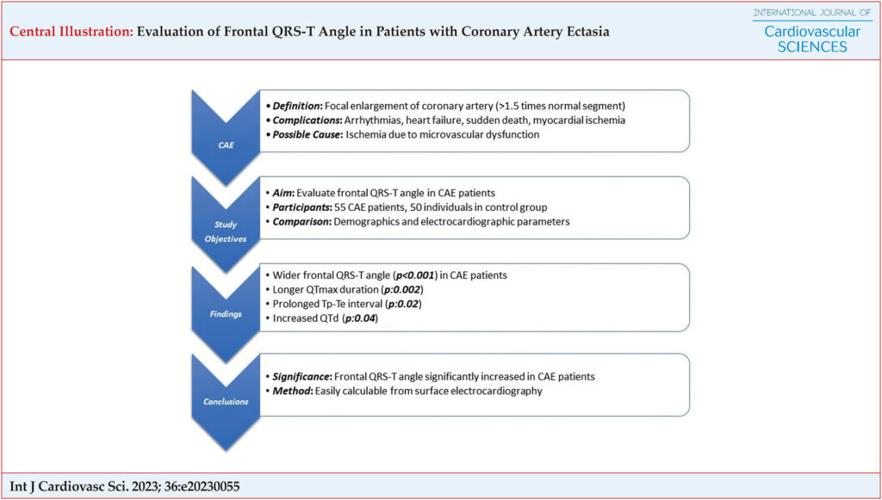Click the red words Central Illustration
point(71,32)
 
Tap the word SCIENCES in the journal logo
point(811,46)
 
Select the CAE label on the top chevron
point(226,145)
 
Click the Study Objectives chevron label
point(226,231)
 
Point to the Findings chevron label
point(226,314)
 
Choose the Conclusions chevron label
point(226,402)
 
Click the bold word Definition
point(296,106)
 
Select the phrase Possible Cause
point(306,135)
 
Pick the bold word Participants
point(301,207)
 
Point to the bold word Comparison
point(301,221)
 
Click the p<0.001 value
point(415,275)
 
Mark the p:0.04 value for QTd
point(360,318)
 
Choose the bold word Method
point(291,391)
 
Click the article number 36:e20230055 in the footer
point(202,486)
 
